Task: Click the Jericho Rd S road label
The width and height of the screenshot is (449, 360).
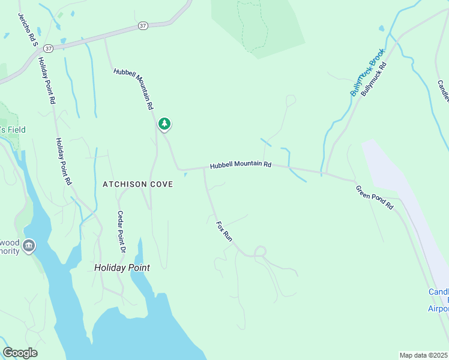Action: (x=27, y=29)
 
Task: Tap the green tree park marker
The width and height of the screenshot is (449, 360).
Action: (x=164, y=124)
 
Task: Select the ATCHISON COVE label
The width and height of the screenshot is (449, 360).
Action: (x=138, y=184)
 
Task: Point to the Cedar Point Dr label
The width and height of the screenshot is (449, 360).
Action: (x=122, y=231)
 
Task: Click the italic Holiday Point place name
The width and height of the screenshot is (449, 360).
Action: (x=122, y=268)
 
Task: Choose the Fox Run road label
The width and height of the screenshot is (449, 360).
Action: (x=224, y=231)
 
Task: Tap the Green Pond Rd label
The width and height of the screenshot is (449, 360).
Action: (x=375, y=197)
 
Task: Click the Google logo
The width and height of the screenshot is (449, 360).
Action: (x=20, y=353)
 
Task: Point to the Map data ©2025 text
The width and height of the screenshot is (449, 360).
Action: (x=424, y=355)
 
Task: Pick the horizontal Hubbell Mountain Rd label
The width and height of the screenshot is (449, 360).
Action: (x=240, y=164)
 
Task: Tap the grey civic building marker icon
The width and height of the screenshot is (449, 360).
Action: (x=29, y=246)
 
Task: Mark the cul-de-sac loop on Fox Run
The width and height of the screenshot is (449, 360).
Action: (x=261, y=251)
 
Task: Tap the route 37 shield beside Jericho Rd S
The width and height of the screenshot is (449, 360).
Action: (x=49, y=47)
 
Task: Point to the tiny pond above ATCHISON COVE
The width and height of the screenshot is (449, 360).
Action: (x=185, y=175)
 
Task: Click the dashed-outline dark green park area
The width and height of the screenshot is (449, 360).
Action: (x=252, y=24)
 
